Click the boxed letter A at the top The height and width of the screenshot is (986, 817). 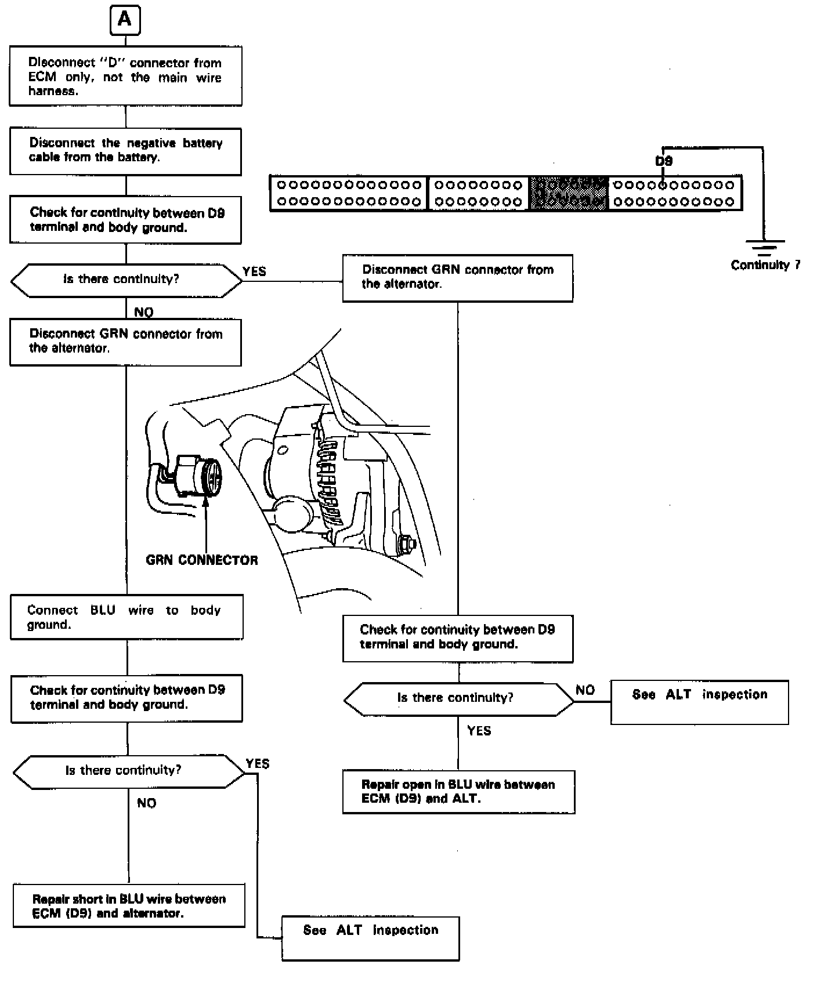125,20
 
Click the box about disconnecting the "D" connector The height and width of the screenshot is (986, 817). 125,76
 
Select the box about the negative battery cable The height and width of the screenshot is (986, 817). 125,151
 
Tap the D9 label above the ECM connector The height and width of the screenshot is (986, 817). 664,161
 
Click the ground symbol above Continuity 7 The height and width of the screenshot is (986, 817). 765,247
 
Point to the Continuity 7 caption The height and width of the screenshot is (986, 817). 765,265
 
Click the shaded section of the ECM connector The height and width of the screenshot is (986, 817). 569,193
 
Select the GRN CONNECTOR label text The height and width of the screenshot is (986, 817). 202,560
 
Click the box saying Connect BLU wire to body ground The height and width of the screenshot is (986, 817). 126,617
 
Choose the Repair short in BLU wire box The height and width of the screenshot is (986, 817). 129,905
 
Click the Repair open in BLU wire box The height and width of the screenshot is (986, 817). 458,792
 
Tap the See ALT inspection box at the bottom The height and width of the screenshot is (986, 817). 370,938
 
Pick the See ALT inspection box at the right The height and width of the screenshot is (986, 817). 699,702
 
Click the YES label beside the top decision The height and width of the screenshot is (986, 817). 254,271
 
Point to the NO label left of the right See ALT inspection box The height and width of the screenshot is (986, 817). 585,690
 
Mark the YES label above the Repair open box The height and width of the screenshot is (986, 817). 479,731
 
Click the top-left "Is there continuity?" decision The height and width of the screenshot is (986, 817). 126,281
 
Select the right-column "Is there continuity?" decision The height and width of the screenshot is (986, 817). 458,699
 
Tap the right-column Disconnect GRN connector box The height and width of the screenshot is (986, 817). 457,278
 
